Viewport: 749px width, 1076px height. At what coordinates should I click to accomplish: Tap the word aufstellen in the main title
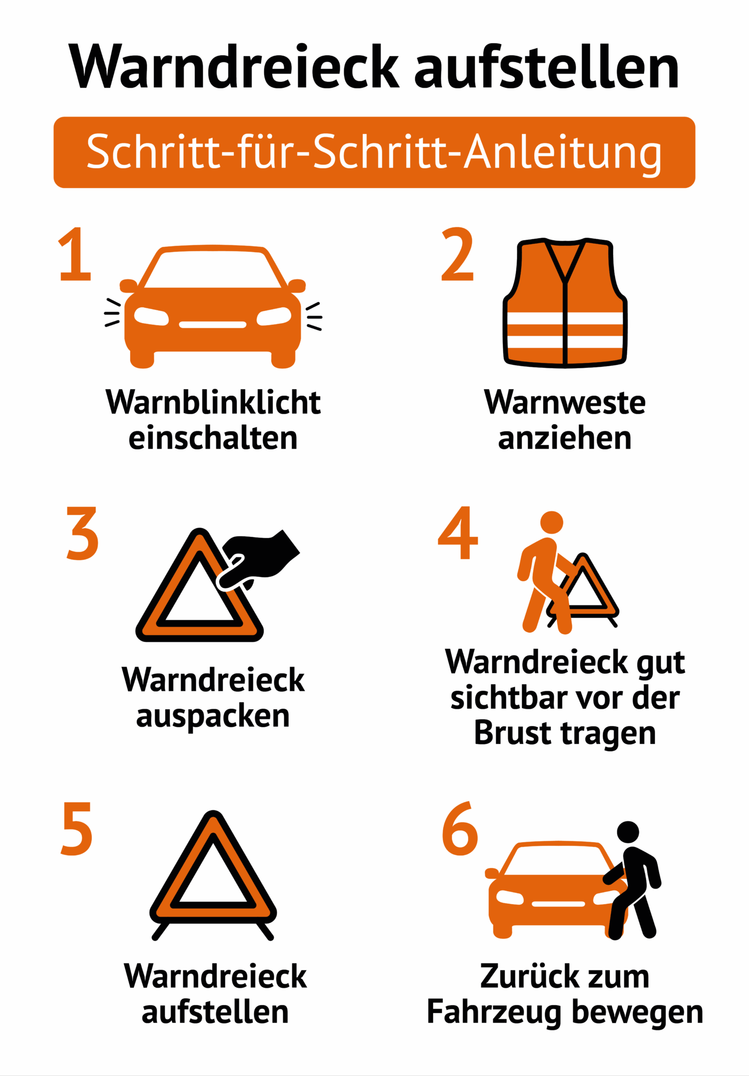click(547, 67)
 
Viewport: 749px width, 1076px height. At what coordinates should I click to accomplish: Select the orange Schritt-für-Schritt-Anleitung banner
click(374, 152)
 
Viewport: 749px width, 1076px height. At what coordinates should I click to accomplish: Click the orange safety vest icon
click(565, 304)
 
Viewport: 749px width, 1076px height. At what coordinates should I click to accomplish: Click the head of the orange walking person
click(552, 522)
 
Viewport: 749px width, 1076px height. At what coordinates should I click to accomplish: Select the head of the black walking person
click(628, 832)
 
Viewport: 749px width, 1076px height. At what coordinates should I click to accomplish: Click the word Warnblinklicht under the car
click(213, 403)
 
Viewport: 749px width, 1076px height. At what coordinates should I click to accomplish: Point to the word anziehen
click(565, 439)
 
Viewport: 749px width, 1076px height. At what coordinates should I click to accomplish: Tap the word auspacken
click(213, 716)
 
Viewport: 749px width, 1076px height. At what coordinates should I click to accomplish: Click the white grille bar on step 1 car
click(213, 325)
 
